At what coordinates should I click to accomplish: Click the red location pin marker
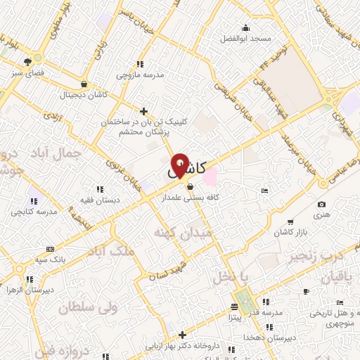tap(181, 166)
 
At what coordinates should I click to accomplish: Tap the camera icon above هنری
tap(322, 204)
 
